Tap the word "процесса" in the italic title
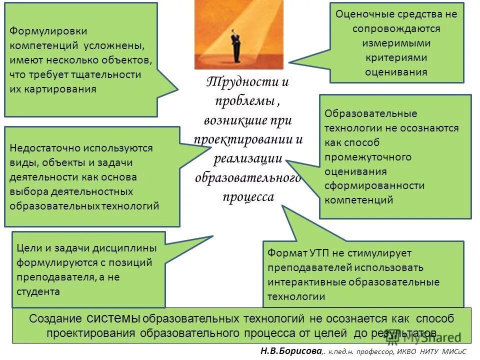248,197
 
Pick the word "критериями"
396,57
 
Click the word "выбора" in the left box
25,191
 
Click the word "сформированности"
374,186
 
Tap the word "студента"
38,291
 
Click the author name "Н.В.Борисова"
290,351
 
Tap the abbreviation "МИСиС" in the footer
451,352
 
